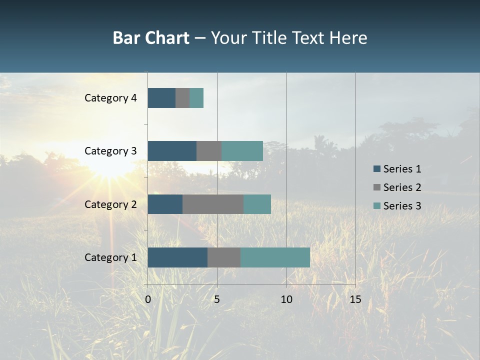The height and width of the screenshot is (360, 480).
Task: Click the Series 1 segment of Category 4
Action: (161, 98)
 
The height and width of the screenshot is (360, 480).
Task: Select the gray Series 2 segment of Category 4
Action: (182, 98)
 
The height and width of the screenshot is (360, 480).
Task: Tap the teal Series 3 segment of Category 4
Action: (196, 98)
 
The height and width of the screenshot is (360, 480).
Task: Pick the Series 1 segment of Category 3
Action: (172, 151)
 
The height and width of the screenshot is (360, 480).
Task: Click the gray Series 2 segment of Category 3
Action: (209, 151)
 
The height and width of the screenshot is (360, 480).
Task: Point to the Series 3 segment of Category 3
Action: (242, 151)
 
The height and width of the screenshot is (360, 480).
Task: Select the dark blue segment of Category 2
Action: (165, 204)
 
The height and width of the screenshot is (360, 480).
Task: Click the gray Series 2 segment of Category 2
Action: (213, 204)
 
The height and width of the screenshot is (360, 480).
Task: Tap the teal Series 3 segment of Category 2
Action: (257, 204)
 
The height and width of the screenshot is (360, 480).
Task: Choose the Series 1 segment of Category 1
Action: (177, 257)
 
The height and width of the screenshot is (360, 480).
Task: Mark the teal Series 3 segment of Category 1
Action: (275, 257)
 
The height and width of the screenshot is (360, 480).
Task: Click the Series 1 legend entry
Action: (397, 169)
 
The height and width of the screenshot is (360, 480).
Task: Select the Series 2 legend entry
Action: (397, 187)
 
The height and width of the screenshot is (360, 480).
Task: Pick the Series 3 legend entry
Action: (397, 206)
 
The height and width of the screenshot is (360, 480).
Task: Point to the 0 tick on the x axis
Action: (148, 299)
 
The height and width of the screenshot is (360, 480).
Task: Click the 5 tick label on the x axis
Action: (217, 299)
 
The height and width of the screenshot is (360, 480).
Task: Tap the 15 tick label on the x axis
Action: (355, 299)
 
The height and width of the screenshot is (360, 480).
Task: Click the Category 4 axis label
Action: (110, 98)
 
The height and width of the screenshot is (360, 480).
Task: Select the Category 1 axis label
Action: (110, 257)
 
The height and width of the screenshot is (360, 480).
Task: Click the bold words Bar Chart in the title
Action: (150, 38)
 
